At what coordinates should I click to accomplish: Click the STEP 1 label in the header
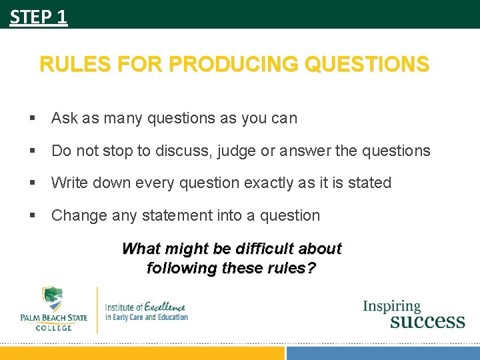coord(39,16)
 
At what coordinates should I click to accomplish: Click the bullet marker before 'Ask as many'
coord(32,119)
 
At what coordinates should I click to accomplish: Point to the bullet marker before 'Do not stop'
coord(32,151)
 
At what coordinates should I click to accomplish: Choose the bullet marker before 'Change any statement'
coord(32,216)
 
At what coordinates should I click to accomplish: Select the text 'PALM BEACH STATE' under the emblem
coord(53,318)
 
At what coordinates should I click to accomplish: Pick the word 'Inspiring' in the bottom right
coord(392,307)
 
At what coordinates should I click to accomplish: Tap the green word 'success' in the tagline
coord(427,321)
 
